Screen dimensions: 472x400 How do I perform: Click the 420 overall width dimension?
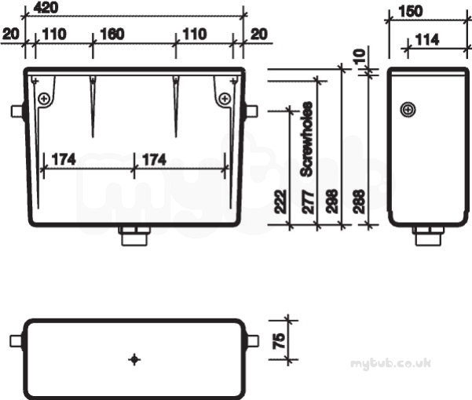[46, 8]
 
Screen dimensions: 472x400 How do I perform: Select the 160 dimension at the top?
[112, 35]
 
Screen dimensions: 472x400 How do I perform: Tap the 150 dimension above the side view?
[411, 12]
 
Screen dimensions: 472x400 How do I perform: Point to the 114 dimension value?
[427, 40]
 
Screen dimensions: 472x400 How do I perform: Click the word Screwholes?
[307, 139]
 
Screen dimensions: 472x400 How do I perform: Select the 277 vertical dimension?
[308, 202]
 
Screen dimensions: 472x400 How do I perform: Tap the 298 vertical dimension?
[332, 202]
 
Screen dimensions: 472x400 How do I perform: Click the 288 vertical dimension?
[359, 202]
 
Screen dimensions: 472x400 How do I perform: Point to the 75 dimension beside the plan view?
[279, 341]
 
